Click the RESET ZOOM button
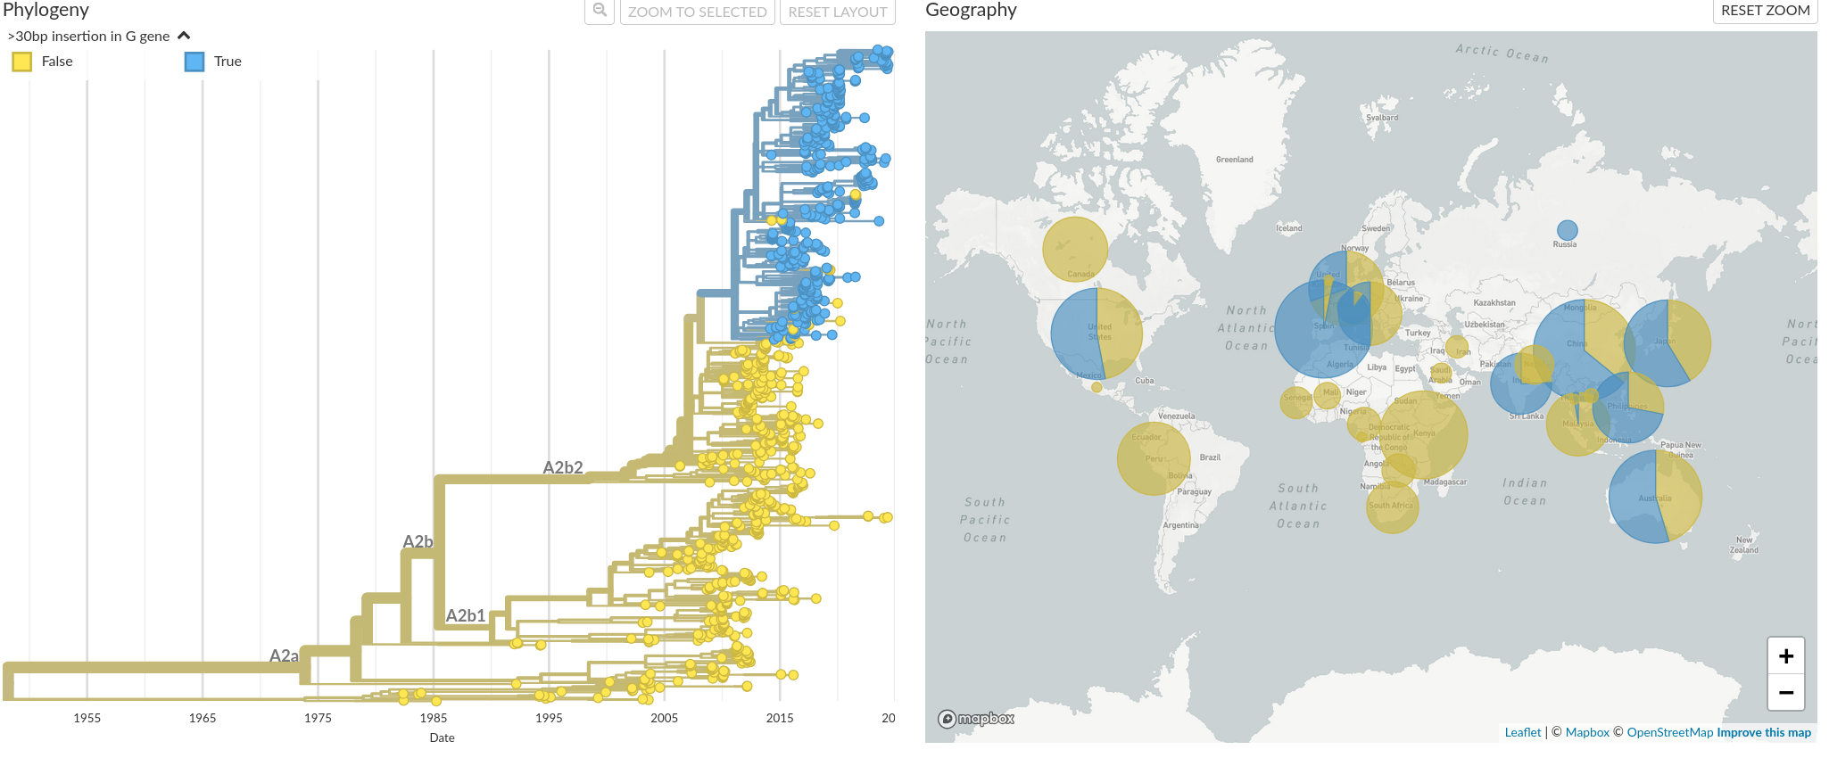pyautogui.click(x=1765, y=11)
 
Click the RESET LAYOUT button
pyautogui.click(x=837, y=12)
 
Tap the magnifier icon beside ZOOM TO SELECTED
pyautogui.click(x=600, y=11)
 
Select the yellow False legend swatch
pyautogui.click(x=22, y=62)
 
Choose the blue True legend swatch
pyautogui.click(x=194, y=62)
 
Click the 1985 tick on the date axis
pyautogui.click(x=434, y=718)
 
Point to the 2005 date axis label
pyautogui.click(x=664, y=718)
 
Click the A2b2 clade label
pyautogui.click(x=563, y=467)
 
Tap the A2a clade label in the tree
pyautogui.click(x=284, y=655)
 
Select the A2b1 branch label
pyautogui.click(x=466, y=615)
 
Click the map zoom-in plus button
pyautogui.click(x=1785, y=656)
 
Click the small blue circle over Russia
pyautogui.click(x=1567, y=230)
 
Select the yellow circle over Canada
pyautogui.click(x=1075, y=249)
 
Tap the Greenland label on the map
pyautogui.click(x=1234, y=160)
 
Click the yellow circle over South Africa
pyautogui.click(x=1392, y=507)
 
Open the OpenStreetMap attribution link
pyautogui.click(x=1669, y=732)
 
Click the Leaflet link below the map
pyautogui.click(x=1522, y=732)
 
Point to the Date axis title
pyautogui.click(x=442, y=737)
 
